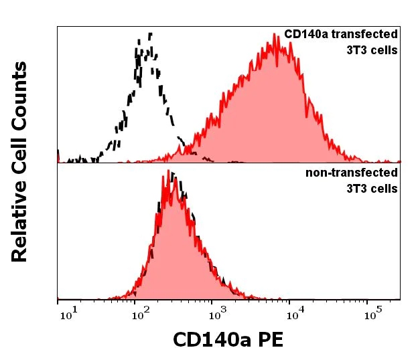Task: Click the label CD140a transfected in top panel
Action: click(341, 34)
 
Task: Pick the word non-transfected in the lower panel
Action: click(352, 173)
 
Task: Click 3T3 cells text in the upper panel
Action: click(372, 50)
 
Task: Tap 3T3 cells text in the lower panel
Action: click(372, 189)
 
